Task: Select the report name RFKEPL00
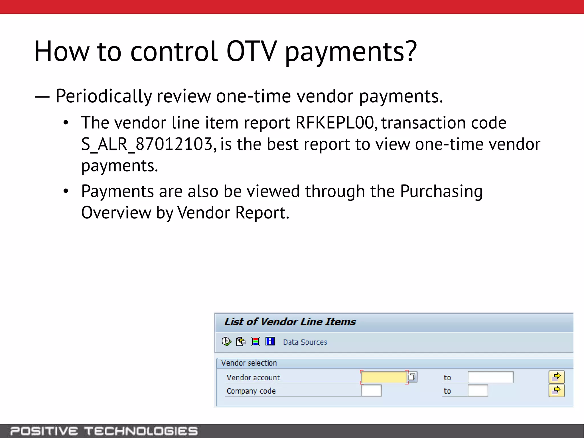coord(334,123)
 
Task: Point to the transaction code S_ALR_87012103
coord(147,144)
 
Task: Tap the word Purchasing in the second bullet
coord(441,192)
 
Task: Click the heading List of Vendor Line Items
coord(290,322)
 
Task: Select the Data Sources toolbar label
coord(305,342)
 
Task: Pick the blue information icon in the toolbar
coord(270,341)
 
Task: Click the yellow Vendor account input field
coord(384,377)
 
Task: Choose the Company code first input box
coord(371,391)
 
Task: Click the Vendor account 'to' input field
coord(490,377)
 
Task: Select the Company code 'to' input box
coord(478,391)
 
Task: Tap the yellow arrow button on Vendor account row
coord(556,377)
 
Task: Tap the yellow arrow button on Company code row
coord(556,390)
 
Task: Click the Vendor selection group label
coord(249,363)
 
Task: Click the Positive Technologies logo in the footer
coord(104,431)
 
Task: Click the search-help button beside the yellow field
coord(412,377)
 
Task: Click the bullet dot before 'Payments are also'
coord(66,191)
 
